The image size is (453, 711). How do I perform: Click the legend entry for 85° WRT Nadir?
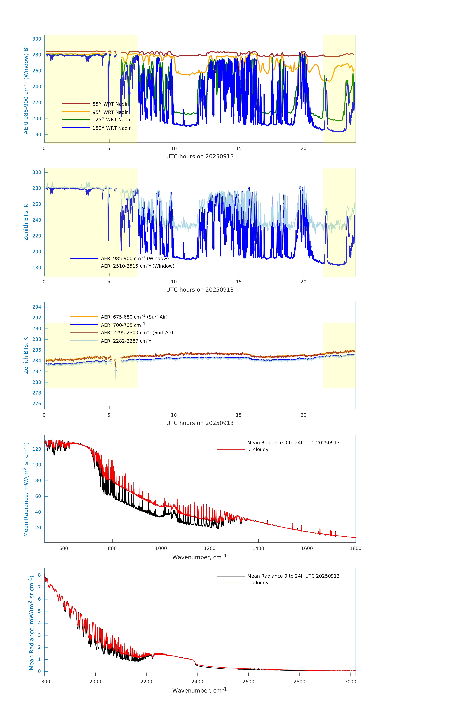click(x=110, y=104)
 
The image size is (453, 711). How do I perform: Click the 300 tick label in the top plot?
click(x=37, y=39)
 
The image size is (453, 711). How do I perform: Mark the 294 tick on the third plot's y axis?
click(x=37, y=307)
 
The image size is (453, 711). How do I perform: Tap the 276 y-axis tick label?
click(x=37, y=404)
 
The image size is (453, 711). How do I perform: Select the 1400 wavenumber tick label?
click(x=258, y=548)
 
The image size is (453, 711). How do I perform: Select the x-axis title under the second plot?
click(x=200, y=290)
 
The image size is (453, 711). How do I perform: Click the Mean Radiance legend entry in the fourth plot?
click(x=293, y=443)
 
